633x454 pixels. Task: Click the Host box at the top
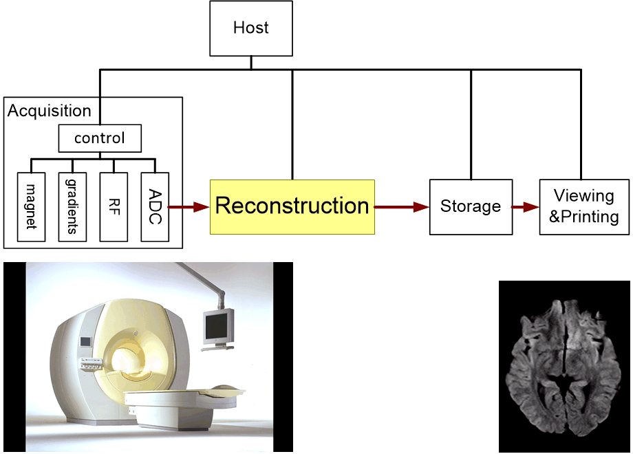coord(251,28)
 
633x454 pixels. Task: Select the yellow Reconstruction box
coord(292,207)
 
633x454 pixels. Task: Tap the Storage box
coord(471,207)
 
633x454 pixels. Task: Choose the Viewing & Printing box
coord(584,207)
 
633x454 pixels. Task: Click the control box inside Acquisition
coord(100,138)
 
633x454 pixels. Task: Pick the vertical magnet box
coord(31,207)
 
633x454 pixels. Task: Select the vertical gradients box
coord(72,207)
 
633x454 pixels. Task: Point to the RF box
coord(114,207)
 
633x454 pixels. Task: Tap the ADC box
coord(155,207)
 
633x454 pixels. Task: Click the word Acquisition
coord(50,111)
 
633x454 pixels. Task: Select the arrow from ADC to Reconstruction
coord(189,207)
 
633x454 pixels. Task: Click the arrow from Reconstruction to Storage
coord(402,207)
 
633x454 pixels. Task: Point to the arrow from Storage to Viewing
coord(526,207)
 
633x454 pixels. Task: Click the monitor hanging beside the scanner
coord(218,327)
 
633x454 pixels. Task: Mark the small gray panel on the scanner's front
coord(86,342)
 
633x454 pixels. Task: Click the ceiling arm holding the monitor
coord(202,283)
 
